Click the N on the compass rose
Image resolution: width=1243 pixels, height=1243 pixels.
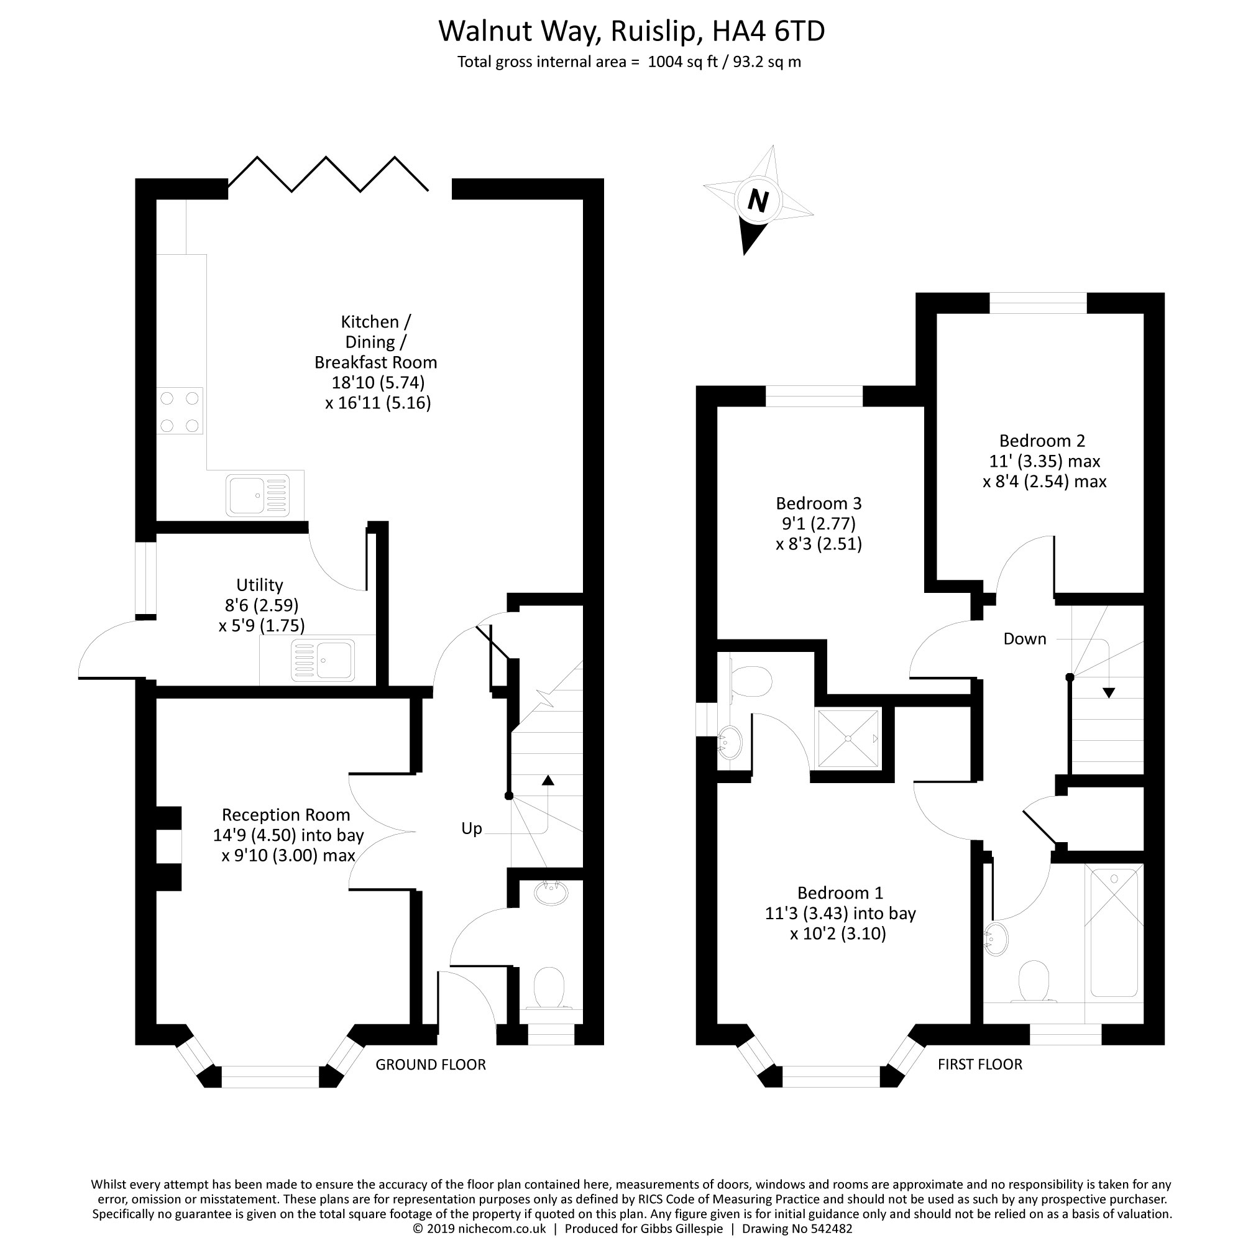758,201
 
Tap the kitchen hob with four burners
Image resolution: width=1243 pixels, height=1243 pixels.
180,411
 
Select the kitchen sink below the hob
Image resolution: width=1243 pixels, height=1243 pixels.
257,495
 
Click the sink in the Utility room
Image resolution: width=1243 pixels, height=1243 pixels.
323,660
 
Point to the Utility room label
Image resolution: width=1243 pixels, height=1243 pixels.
259,585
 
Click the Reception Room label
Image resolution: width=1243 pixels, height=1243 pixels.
286,815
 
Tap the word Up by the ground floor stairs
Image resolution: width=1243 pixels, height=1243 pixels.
472,828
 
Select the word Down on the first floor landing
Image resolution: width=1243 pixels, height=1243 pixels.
1025,639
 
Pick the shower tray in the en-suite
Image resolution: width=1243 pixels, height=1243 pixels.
848,738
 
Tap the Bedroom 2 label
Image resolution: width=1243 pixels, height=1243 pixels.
1042,441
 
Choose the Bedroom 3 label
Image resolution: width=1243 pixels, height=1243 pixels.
819,503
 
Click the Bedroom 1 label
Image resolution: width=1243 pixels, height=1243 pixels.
840,893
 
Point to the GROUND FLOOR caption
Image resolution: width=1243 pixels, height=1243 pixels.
431,1065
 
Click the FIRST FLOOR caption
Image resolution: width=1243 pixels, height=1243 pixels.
980,1065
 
